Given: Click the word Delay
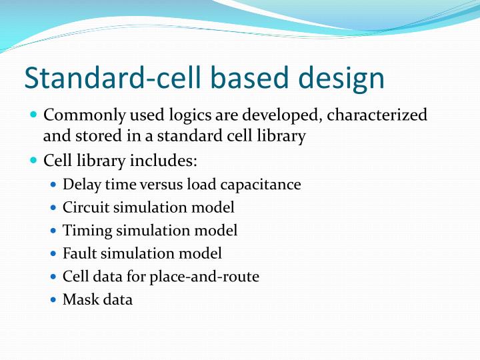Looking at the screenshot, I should click(x=81, y=184).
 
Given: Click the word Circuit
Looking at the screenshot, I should click(x=85, y=207).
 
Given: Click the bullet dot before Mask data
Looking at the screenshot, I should click(x=53, y=300).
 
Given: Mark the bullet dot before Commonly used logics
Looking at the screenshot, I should click(x=34, y=115).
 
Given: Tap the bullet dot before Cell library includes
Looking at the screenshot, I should click(x=34, y=161).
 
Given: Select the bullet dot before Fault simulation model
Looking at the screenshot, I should click(x=53, y=254).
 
